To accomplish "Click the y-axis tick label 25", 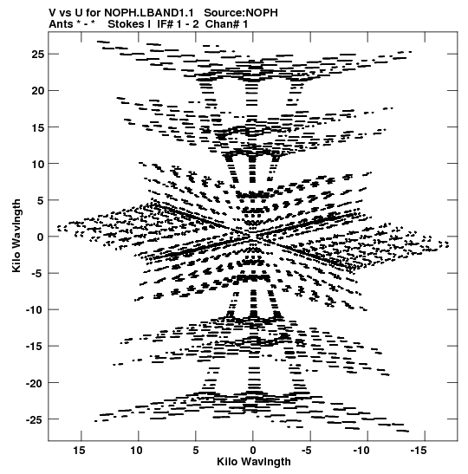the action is [x=37, y=55].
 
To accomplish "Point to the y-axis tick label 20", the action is [x=37, y=91].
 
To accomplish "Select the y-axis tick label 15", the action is [x=37, y=127].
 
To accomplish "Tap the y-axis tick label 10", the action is [x=37, y=164].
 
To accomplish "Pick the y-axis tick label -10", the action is [x=35, y=310].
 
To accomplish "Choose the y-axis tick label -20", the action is [x=35, y=383].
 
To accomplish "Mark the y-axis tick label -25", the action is [x=35, y=420].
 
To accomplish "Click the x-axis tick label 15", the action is [x=79, y=451].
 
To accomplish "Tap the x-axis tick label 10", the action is [x=136, y=451].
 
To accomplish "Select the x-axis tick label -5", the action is [x=306, y=451].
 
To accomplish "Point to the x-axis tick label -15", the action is [x=419, y=451].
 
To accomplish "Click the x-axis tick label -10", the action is [x=361, y=451].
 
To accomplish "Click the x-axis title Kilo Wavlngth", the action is [x=254, y=462].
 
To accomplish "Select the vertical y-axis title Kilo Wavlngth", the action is [x=16, y=236].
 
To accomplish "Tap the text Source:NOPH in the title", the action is [x=241, y=13].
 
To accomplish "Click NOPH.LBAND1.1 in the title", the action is [x=149, y=13].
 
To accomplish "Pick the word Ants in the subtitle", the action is [x=61, y=24].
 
